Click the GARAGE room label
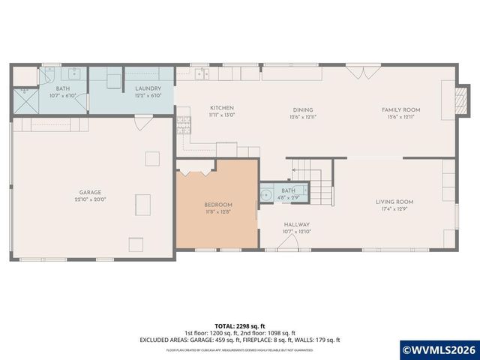click(90, 192)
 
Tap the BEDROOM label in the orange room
click(218, 205)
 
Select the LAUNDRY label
click(148, 88)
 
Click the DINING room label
click(302, 109)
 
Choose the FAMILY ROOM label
click(401, 109)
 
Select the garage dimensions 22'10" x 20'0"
click(90, 199)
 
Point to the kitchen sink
click(202, 73)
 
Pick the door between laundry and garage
click(140, 123)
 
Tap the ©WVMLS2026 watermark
click(439, 349)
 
